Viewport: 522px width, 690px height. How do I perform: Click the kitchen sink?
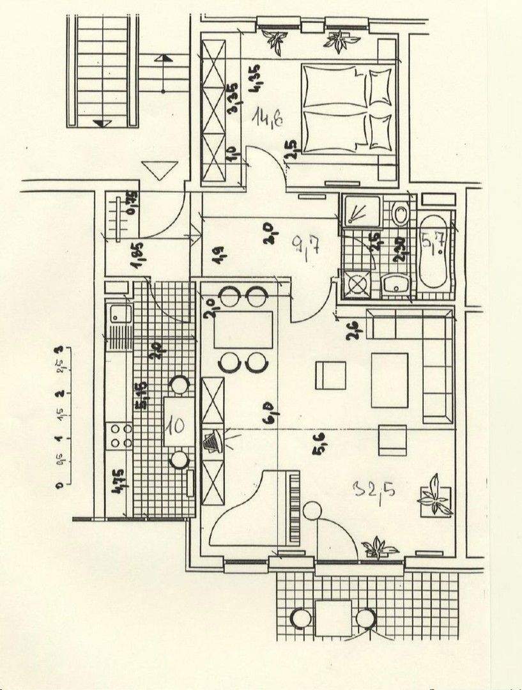pyautogui.click(x=119, y=314)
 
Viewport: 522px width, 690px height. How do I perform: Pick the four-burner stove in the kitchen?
pyautogui.click(x=119, y=435)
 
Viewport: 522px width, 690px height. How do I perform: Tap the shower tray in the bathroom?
pyautogui.click(x=361, y=211)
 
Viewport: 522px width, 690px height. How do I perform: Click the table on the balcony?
pyautogui.click(x=333, y=618)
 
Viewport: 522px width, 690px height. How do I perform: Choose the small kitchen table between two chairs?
pyautogui.click(x=180, y=422)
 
